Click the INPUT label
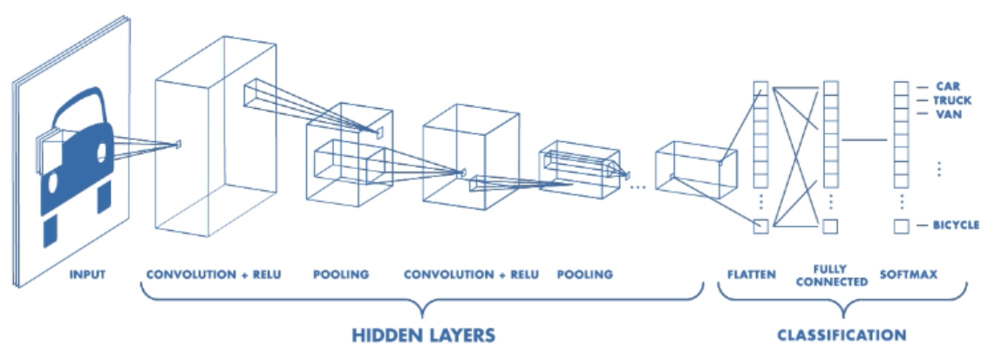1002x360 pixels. (87, 275)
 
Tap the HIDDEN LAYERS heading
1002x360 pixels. (424, 335)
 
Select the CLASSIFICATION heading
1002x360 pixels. (842, 335)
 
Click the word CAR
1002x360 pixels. (948, 86)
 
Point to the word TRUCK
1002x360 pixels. (952, 100)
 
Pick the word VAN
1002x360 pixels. (948, 114)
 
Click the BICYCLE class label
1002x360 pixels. (956, 225)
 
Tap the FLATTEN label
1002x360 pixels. (752, 275)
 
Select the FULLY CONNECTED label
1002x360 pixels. (831, 275)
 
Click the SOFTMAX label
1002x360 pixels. (908, 275)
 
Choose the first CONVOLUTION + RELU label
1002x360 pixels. (214, 275)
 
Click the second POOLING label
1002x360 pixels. (584, 275)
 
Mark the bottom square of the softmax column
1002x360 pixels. (901, 226)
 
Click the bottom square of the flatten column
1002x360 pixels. (760, 226)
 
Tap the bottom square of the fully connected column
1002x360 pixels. (830, 226)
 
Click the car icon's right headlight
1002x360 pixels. (101, 152)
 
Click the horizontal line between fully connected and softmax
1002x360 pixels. (863, 139)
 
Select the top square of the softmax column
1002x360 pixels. (901, 88)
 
